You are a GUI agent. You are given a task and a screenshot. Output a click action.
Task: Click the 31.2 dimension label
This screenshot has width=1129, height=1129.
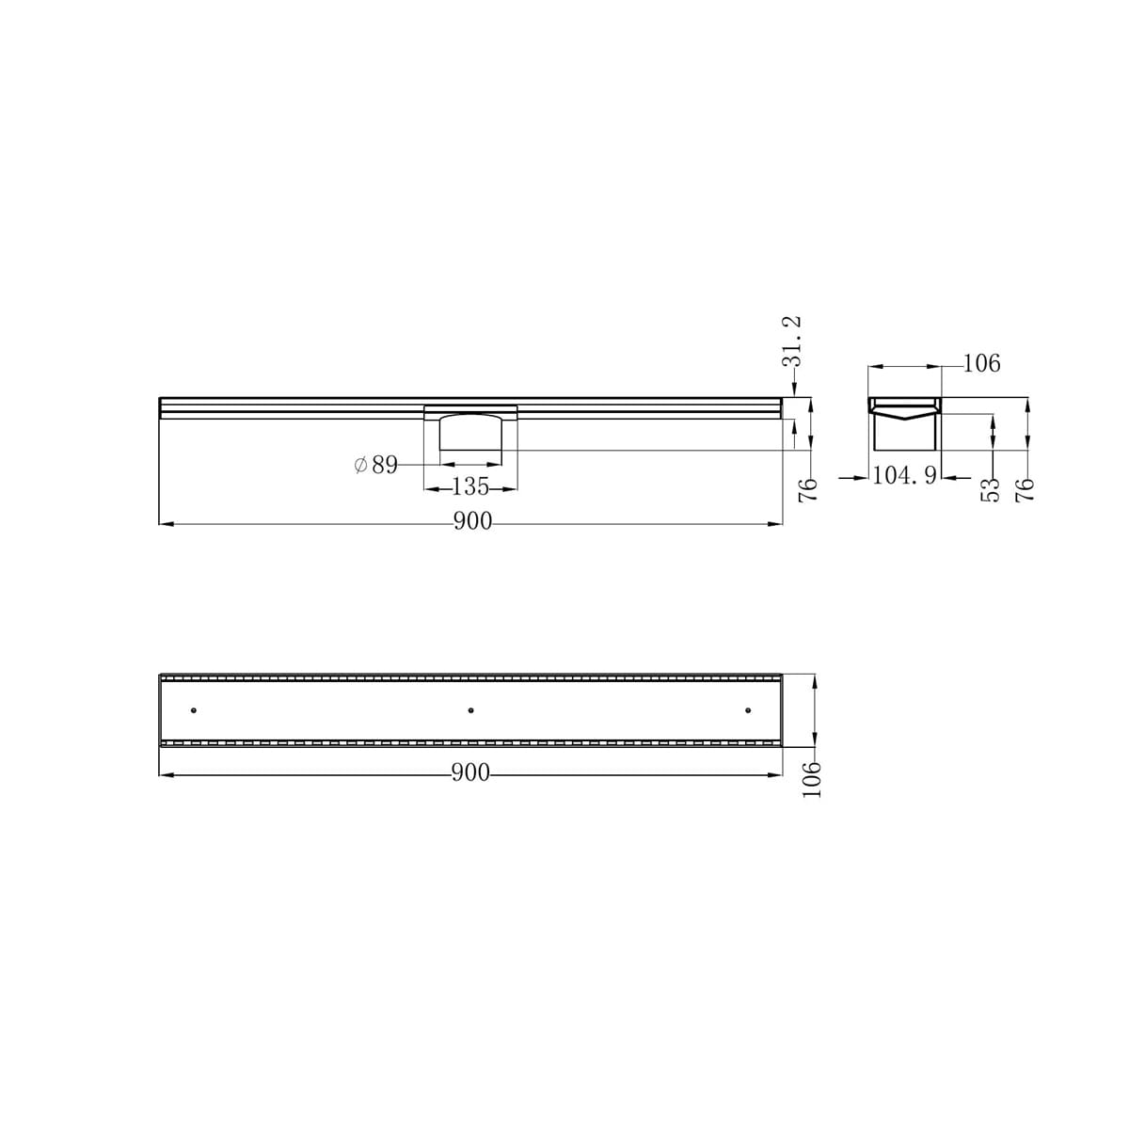click(792, 341)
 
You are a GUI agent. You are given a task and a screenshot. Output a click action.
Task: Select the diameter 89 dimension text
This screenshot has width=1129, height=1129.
click(376, 465)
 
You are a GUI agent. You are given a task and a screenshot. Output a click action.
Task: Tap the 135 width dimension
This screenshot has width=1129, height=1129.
click(470, 487)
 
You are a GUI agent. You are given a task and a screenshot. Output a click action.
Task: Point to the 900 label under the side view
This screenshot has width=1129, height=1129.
click(472, 522)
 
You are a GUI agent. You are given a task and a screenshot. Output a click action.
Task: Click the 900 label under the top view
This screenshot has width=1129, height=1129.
click(470, 773)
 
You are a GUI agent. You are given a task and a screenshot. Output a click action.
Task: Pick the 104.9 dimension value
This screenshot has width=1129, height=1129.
click(903, 476)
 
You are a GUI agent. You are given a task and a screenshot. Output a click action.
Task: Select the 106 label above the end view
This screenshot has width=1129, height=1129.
click(981, 363)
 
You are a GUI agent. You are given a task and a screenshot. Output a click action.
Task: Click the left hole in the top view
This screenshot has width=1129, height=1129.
click(194, 709)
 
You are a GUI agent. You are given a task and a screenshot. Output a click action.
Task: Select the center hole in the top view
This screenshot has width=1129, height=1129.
click(470, 709)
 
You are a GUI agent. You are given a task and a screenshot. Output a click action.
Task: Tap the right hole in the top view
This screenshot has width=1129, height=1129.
click(748, 709)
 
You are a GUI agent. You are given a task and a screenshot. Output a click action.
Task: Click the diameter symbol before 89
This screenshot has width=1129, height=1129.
click(360, 465)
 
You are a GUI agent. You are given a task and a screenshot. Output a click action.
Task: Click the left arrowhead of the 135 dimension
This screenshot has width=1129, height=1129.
click(429, 487)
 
